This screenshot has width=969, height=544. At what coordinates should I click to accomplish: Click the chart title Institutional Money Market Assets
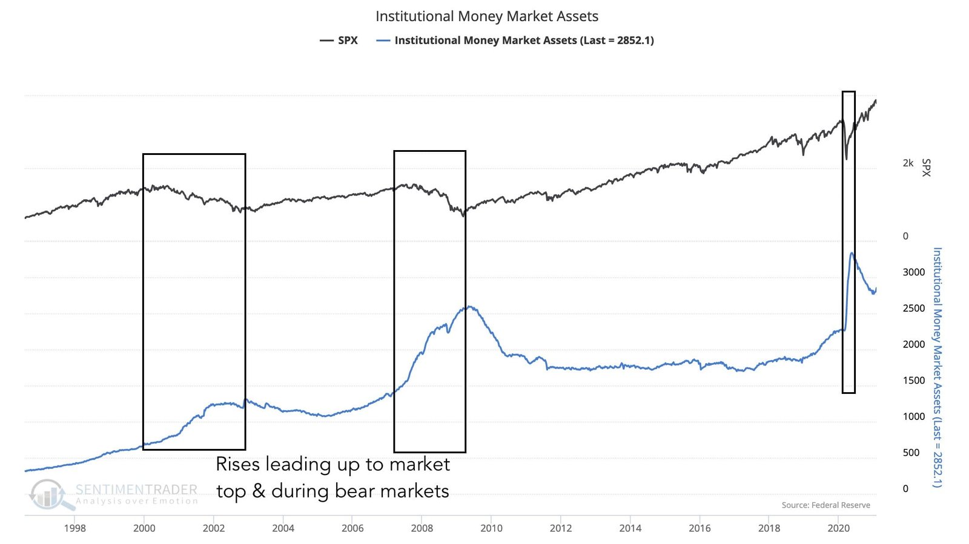tap(486, 16)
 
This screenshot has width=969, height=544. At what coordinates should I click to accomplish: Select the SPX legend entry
tap(339, 41)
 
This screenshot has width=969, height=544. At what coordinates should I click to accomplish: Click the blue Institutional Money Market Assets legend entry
tap(515, 41)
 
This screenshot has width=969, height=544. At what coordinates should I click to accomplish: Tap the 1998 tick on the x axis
tap(74, 528)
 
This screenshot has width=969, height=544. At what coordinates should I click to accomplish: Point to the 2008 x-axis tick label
tap(422, 528)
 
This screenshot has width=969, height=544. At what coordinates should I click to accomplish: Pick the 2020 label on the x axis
tap(838, 528)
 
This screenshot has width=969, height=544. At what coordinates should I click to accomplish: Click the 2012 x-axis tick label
tap(561, 528)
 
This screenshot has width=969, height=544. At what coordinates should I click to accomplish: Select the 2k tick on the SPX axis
tap(908, 163)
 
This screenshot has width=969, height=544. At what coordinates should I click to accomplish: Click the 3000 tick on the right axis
tap(913, 272)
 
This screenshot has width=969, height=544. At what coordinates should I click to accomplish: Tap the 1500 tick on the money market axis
tap(913, 381)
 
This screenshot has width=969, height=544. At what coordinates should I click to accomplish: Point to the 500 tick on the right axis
tap(911, 453)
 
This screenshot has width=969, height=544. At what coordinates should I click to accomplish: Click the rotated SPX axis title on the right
tap(926, 168)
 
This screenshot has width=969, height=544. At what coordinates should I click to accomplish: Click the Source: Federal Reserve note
tap(825, 505)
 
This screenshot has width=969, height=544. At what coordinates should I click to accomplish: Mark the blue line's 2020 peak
tap(852, 253)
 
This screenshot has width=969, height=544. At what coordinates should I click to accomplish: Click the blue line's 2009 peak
tap(469, 307)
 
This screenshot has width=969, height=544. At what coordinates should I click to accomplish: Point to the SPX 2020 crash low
tap(846, 159)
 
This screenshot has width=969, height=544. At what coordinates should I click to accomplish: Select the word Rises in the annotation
tap(238, 464)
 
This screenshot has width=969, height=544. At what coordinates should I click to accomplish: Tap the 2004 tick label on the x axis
tap(283, 528)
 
